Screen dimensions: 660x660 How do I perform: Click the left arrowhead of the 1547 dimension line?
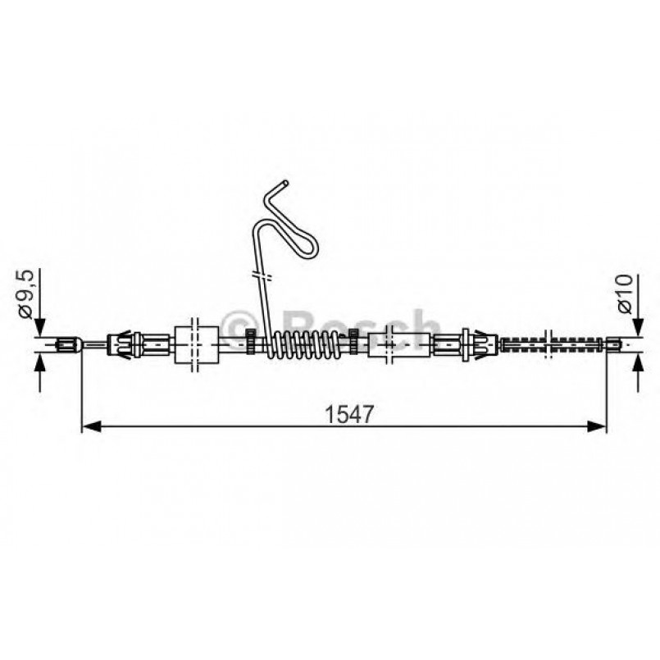tap(89, 426)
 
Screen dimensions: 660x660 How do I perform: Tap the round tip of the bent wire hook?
tap(284, 182)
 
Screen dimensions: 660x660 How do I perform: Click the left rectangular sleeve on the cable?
tap(197, 343)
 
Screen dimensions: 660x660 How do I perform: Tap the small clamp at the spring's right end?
tap(353, 336)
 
